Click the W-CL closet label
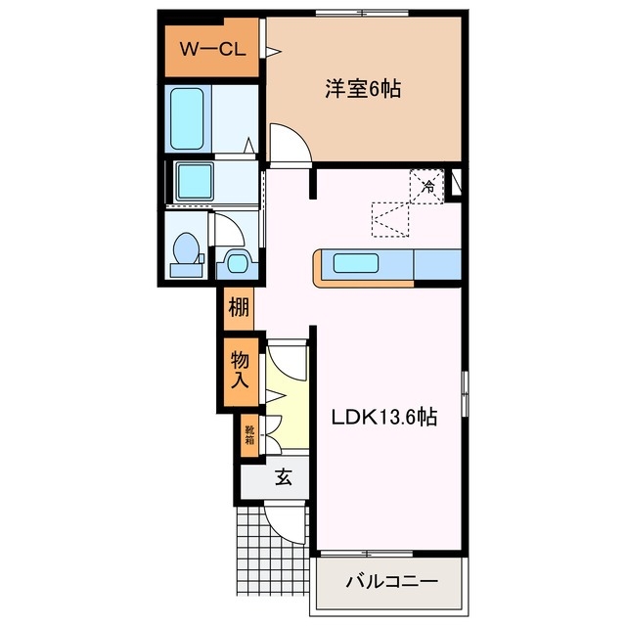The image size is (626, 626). click(x=210, y=48)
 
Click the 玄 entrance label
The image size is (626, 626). click(x=283, y=478)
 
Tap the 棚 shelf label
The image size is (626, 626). click(x=239, y=311)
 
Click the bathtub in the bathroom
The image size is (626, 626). click(x=188, y=118)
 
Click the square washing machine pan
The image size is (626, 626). click(x=200, y=179)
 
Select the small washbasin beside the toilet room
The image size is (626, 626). click(x=236, y=261)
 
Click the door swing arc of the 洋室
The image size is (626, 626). click(x=291, y=144)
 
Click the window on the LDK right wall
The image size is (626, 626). click(x=467, y=396)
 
